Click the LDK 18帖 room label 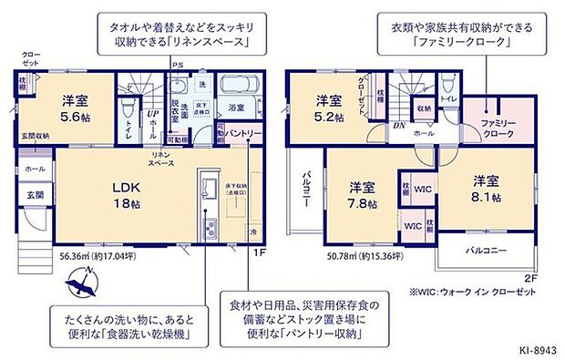126,195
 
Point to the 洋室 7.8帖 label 363,195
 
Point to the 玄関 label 35,195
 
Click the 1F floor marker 258,252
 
